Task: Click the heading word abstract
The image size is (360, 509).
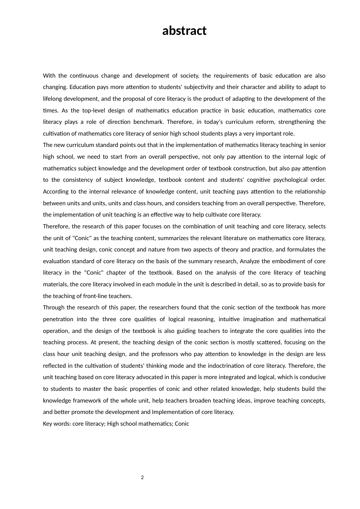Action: tap(184, 31)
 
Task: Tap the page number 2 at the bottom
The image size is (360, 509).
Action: tap(142, 478)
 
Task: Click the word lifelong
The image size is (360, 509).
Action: tap(52, 99)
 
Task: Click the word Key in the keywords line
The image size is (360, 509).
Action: tap(48, 424)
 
